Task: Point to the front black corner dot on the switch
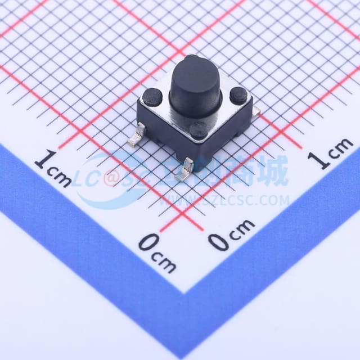197,130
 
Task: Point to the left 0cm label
157,252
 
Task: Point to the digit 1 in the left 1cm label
41,161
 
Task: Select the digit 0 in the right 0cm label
218,241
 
